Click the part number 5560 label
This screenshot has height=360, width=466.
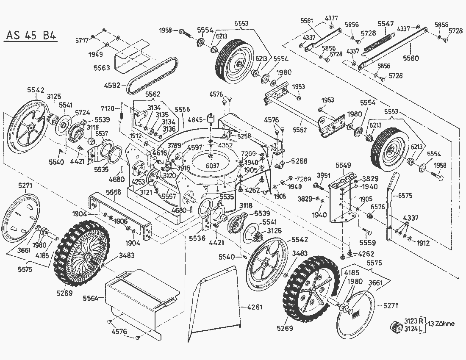pyautogui.click(x=411, y=57)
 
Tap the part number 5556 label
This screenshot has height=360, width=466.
pyautogui.click(x=182, y=109)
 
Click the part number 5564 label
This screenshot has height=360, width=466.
pyautogui.click(x=91, y=299)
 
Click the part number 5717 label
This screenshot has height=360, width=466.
pyautogui.click(x=82, y=41)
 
